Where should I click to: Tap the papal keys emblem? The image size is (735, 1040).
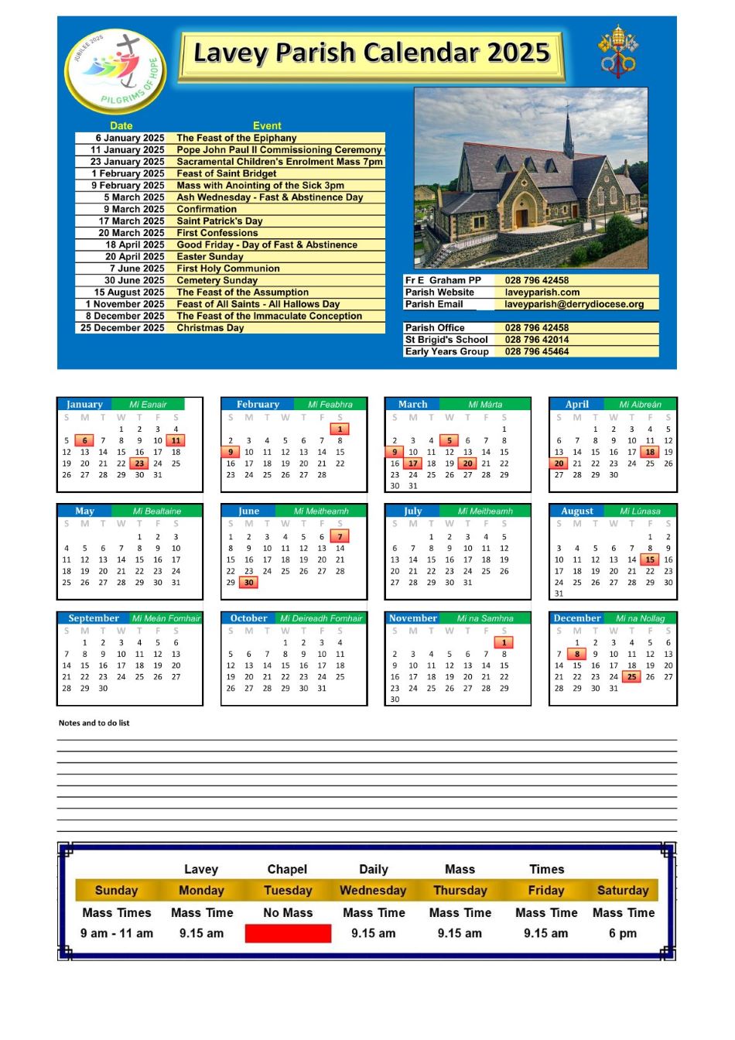pos(617,51)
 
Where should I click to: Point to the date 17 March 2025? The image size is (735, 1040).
pos(131,221)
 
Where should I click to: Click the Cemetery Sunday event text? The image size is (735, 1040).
pos(217,281)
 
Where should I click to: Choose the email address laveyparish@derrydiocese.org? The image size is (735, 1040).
pos(574,304)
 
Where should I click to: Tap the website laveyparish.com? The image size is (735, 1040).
pos(542,292)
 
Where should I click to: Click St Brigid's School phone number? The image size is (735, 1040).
pos(537,340)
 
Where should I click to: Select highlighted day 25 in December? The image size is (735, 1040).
pos(632,676)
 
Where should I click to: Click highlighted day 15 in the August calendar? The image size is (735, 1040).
pos(650,559)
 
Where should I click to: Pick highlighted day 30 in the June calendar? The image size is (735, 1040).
pos(248,583)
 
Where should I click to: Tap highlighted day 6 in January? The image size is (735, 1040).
pos(84,440)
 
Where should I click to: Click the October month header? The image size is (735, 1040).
pos(248,618)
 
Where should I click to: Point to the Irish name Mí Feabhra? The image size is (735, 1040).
pos(330,404)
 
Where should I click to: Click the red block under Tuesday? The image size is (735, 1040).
pos(288,933)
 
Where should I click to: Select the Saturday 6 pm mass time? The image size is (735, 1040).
pos(623,933)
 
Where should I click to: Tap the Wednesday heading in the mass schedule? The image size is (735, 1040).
pos(373,891)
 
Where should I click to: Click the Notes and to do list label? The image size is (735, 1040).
pos(94,723)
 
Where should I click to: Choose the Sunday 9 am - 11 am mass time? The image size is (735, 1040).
pos(117,933)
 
